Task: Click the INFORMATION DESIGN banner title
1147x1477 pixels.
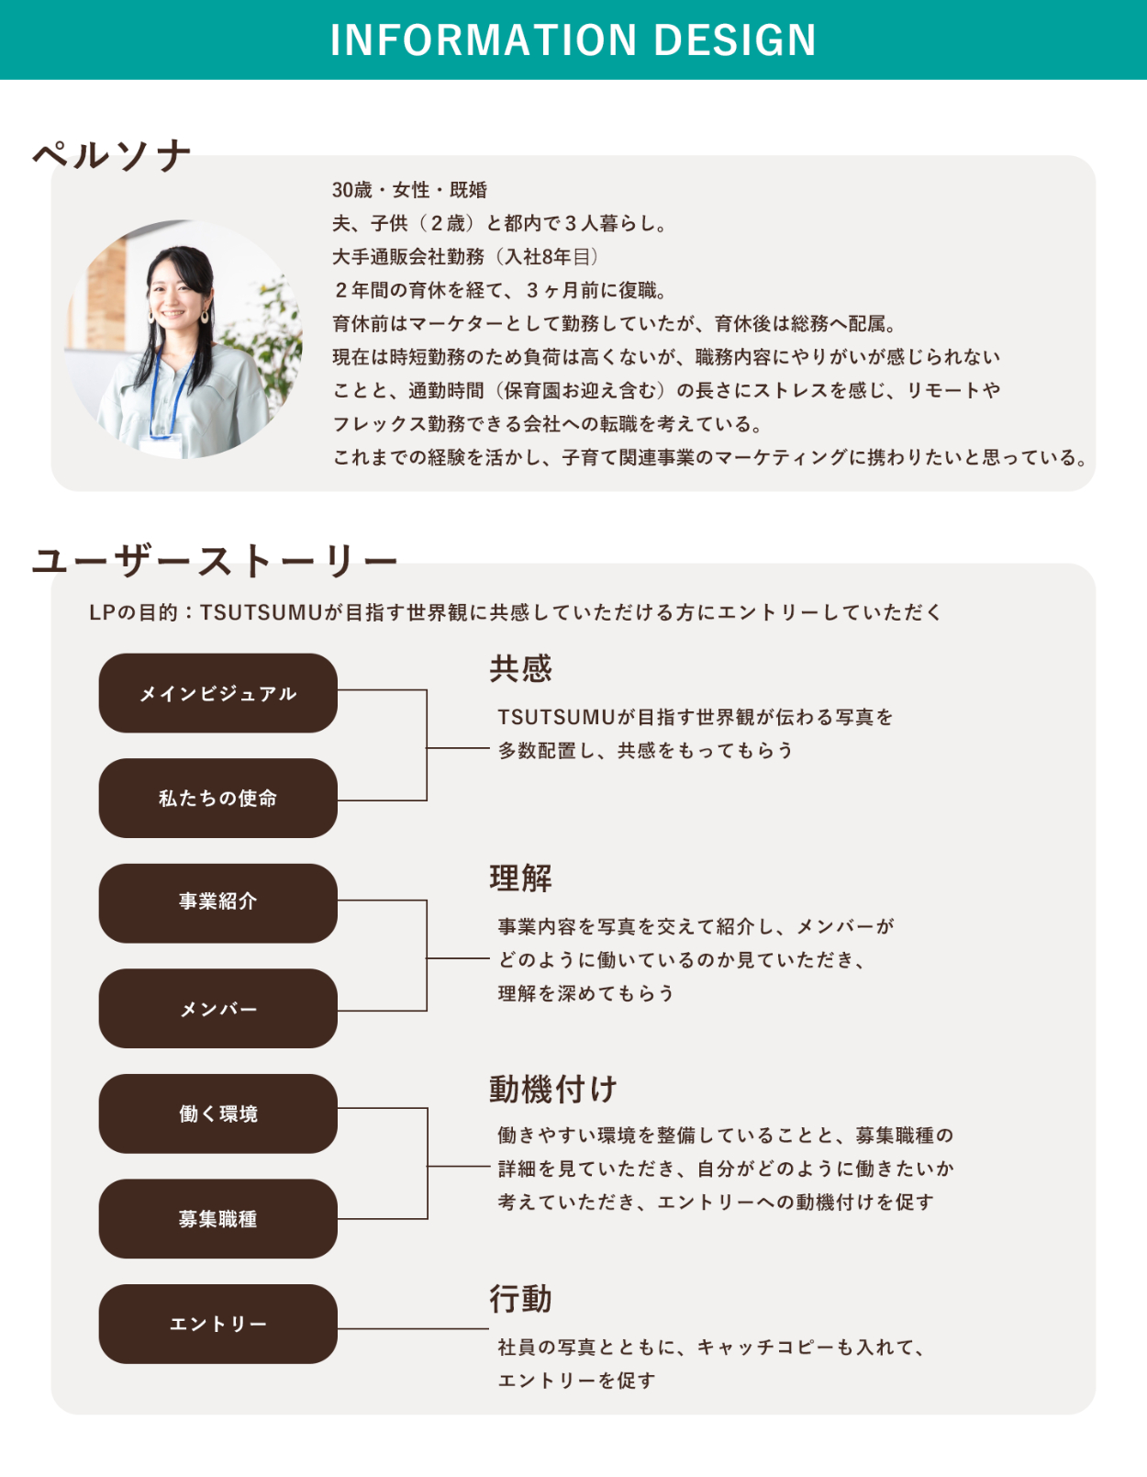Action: (573, 39)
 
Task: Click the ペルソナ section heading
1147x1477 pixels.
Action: (112, 156)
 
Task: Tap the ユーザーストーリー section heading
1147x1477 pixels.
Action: (215, 562)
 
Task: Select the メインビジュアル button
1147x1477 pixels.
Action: (218, 693)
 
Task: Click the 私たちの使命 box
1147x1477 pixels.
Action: (218, 798)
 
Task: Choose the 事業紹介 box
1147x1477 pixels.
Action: (218, 902)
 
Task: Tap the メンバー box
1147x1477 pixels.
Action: (218, 1008)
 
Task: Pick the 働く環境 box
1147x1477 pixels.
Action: (218, 1113)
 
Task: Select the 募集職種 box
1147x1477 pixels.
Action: (218, 1218)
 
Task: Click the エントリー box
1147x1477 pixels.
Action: (218, 1324)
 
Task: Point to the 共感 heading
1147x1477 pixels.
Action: (521, 669)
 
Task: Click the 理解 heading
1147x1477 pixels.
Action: (521, 878)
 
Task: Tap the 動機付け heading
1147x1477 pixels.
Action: (552, 1089)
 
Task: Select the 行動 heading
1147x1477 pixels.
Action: (521, 1298)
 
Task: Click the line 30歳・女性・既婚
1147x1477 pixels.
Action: (409, 190)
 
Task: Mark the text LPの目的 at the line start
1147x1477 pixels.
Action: (133, 612)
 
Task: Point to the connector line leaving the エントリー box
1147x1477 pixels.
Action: (413, 1328)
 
